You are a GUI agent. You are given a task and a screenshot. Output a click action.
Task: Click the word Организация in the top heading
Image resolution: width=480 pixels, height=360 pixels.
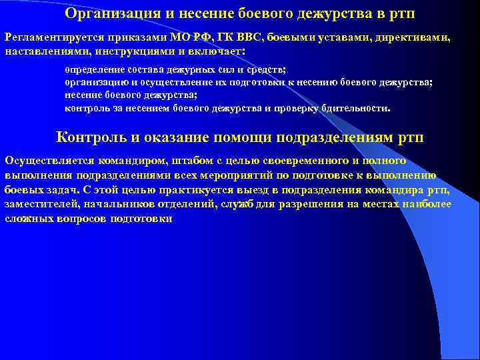109,13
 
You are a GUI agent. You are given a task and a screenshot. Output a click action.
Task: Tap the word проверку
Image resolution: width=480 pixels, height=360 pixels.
292,107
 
